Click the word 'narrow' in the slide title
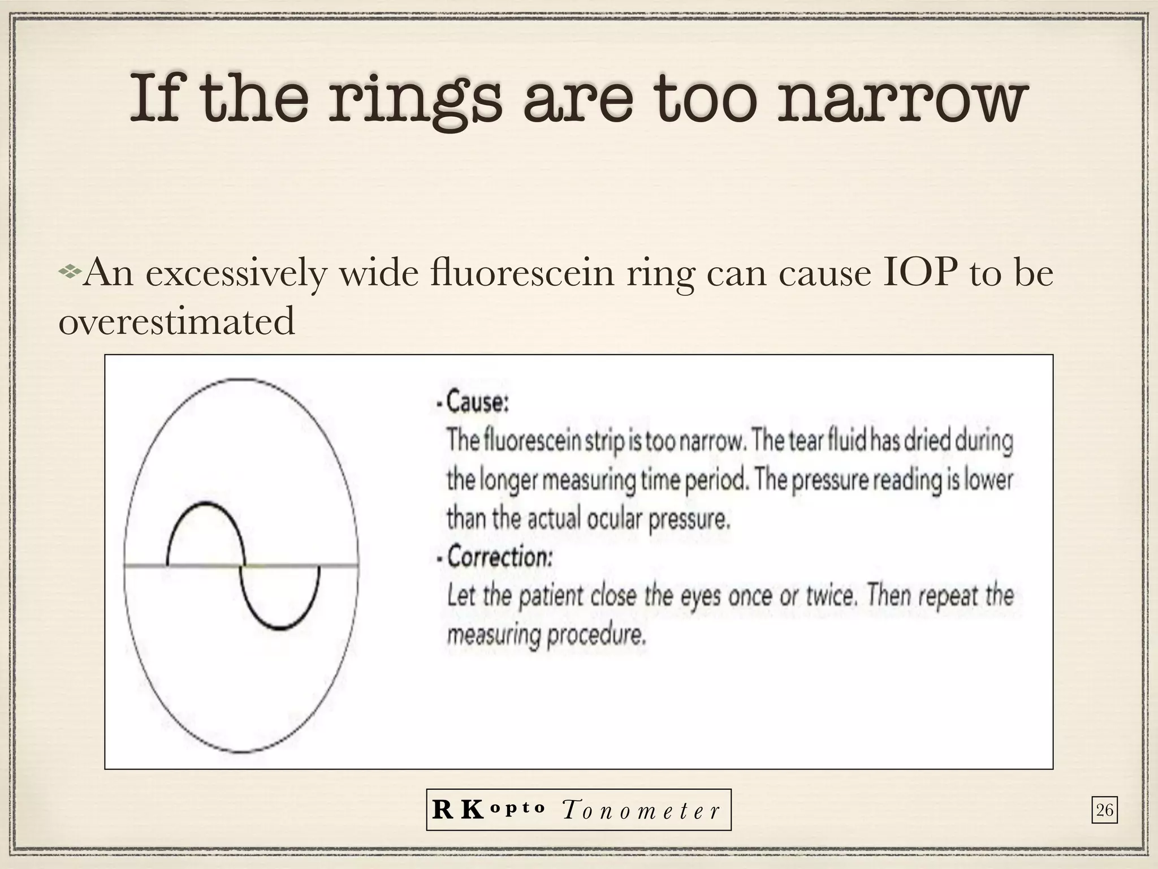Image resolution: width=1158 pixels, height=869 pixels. (x=899, y=101)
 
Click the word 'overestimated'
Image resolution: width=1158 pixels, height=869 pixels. (x=177, y=321)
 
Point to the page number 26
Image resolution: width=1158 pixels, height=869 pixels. (x=1104, y=811)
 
